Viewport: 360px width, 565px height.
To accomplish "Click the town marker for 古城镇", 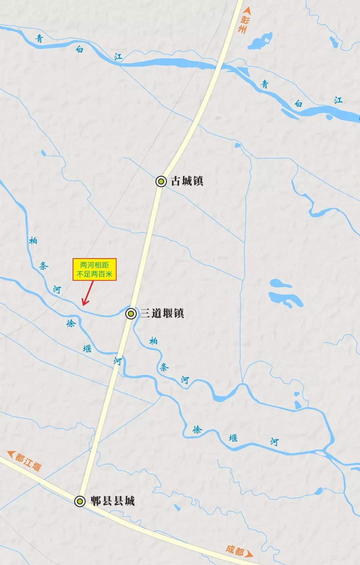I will tap(161, 181).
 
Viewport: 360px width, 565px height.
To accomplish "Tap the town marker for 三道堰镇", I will tap(131, 314).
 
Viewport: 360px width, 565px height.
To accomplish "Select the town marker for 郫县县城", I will tap(80, 501).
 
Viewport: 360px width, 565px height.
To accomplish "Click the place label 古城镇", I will tap(187, 181).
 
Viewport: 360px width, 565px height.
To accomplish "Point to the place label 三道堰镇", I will tap(162, 313).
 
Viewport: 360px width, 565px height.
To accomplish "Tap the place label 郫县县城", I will tap(113, 501).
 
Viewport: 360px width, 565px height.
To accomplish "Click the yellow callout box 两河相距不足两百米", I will tap(95, 270).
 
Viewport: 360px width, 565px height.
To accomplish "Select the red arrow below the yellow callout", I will tap(88, 294).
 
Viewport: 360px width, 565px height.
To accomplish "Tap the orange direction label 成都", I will tap(235, 550).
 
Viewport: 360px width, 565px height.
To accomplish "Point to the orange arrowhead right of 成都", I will tap(249, 554).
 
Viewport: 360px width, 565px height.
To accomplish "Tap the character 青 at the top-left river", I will tap(39, 39).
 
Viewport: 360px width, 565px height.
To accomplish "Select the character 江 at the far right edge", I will tap(338, 100).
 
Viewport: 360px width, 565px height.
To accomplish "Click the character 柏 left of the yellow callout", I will tap(33, 240).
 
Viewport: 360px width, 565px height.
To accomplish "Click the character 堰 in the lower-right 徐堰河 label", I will tap(233, 437).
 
